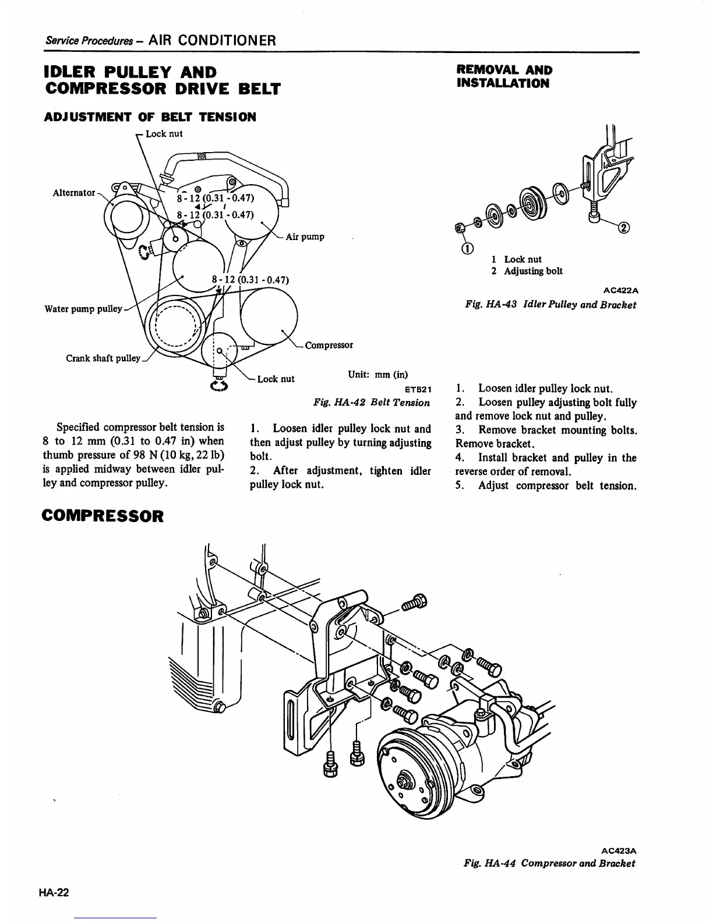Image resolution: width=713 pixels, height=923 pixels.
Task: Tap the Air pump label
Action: click(305, 237)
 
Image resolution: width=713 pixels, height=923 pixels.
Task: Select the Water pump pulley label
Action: click(83, 308)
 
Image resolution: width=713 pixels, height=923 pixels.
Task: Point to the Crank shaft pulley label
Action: click(103, 358)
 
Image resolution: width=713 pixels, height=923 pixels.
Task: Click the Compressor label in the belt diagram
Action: click(329, 344)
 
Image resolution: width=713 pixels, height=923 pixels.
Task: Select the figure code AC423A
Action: click(619, 850)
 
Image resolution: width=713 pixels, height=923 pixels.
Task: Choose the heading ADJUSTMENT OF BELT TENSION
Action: click(150, 117)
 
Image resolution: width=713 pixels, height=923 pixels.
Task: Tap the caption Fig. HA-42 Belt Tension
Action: click(372, 403)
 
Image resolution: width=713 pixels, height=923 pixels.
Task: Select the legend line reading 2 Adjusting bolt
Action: click(527, 271)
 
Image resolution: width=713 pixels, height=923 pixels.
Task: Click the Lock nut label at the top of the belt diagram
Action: click(164, 133)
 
